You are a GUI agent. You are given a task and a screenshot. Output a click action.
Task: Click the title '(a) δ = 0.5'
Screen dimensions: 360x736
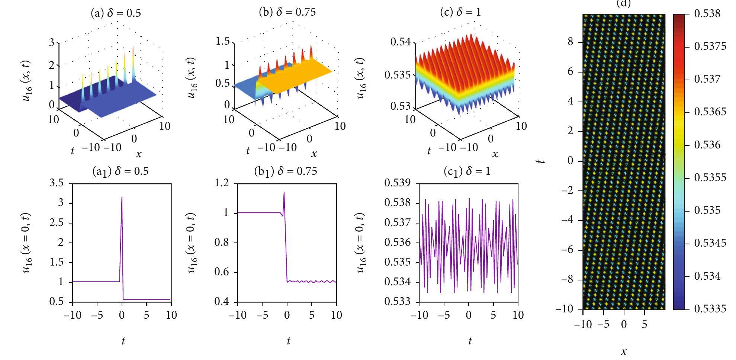click(x=116, y=13)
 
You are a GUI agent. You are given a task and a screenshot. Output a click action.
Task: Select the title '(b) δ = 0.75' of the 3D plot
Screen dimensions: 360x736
click(x=287, y=12)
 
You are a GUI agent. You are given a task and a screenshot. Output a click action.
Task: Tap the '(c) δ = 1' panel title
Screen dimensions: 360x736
click(x=460, y=12)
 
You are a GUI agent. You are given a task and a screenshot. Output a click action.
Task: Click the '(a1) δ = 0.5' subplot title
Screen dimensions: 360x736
click(x=120, y=171)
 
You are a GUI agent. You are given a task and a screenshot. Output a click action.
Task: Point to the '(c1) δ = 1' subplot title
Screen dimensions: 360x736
click(x=467, y=171)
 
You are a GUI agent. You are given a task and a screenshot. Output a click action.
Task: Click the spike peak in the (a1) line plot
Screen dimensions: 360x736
click(x=122, y=197)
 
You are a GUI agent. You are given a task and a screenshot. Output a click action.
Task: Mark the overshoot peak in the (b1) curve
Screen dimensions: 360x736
click(x=284, y=192)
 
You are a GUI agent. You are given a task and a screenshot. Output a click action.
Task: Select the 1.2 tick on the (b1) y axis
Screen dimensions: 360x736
click(x=222, y=183)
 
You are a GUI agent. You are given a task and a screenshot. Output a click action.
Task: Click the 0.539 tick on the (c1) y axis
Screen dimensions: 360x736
click(x=397, y=183)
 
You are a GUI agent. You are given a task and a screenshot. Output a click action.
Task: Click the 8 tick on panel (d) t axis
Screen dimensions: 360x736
click(x=570, y=42)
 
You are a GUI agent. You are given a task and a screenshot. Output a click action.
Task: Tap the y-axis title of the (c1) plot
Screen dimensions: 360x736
click(x=361, y=242)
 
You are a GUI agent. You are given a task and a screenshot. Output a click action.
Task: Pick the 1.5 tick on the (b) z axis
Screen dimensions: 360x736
click(x=223, y=41)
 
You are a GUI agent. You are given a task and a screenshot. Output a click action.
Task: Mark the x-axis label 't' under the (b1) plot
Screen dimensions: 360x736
click(x=288, y=340)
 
